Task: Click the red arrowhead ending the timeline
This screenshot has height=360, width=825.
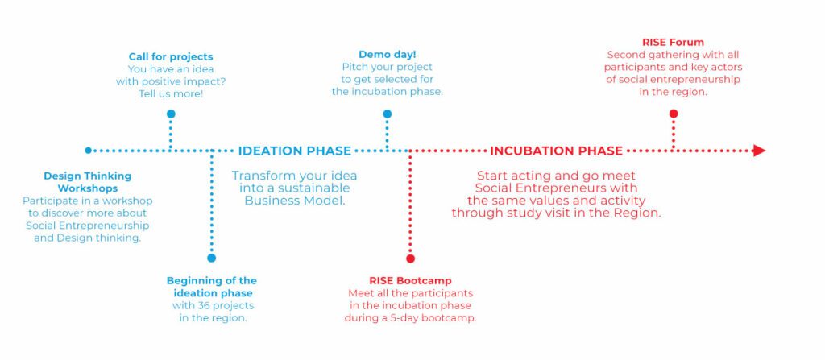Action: pos(759,151)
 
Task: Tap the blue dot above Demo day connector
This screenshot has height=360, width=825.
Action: pos(388,114)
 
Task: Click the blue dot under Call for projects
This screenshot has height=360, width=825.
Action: pos(171,114)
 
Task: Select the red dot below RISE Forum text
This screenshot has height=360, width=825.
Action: pos(673,114)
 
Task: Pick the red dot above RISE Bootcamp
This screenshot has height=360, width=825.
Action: pos(410,259)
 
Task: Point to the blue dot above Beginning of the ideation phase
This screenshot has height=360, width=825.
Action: pos(212,258)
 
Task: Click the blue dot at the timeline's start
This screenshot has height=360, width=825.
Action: pos(89,151)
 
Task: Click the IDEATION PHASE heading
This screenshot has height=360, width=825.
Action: pos(295,151)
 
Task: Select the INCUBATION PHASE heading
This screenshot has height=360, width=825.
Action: pos(556,151)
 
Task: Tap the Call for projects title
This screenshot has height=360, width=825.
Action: pos(171,57)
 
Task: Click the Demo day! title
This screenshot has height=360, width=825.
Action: pos(388,55)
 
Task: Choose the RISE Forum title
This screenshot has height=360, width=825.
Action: pos(673,42)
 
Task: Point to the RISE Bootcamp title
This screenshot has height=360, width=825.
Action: pos(410,280)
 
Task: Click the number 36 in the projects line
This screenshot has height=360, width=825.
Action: pos(204,306)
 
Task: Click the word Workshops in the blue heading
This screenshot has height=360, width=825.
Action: pos(88,188)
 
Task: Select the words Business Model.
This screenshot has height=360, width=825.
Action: pos(295,201)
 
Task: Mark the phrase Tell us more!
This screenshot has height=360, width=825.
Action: pos(171,94)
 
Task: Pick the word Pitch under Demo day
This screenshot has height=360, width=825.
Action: pos(354,68)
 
